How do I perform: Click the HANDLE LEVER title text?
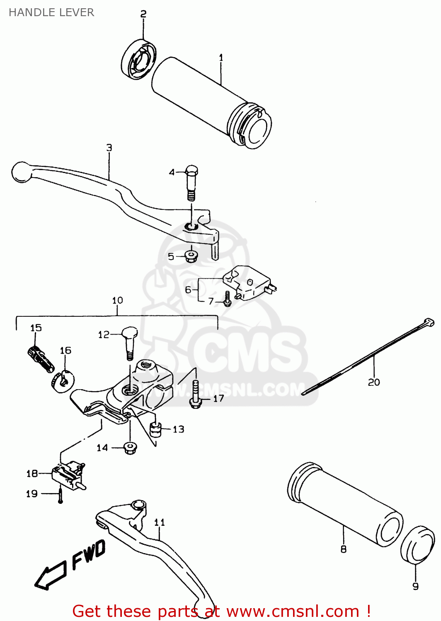(51, 12)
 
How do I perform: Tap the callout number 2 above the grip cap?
(143, 14)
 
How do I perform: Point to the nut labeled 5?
(191, 256)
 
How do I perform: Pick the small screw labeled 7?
(227, 299)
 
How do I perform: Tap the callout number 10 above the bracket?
(117, 300)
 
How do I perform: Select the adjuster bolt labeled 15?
(41, 359)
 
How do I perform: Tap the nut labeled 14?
(130, 448)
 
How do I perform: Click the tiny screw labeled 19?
(61, 495)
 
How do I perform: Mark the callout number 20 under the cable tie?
(373, 382)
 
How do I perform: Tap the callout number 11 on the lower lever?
(160, 522)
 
